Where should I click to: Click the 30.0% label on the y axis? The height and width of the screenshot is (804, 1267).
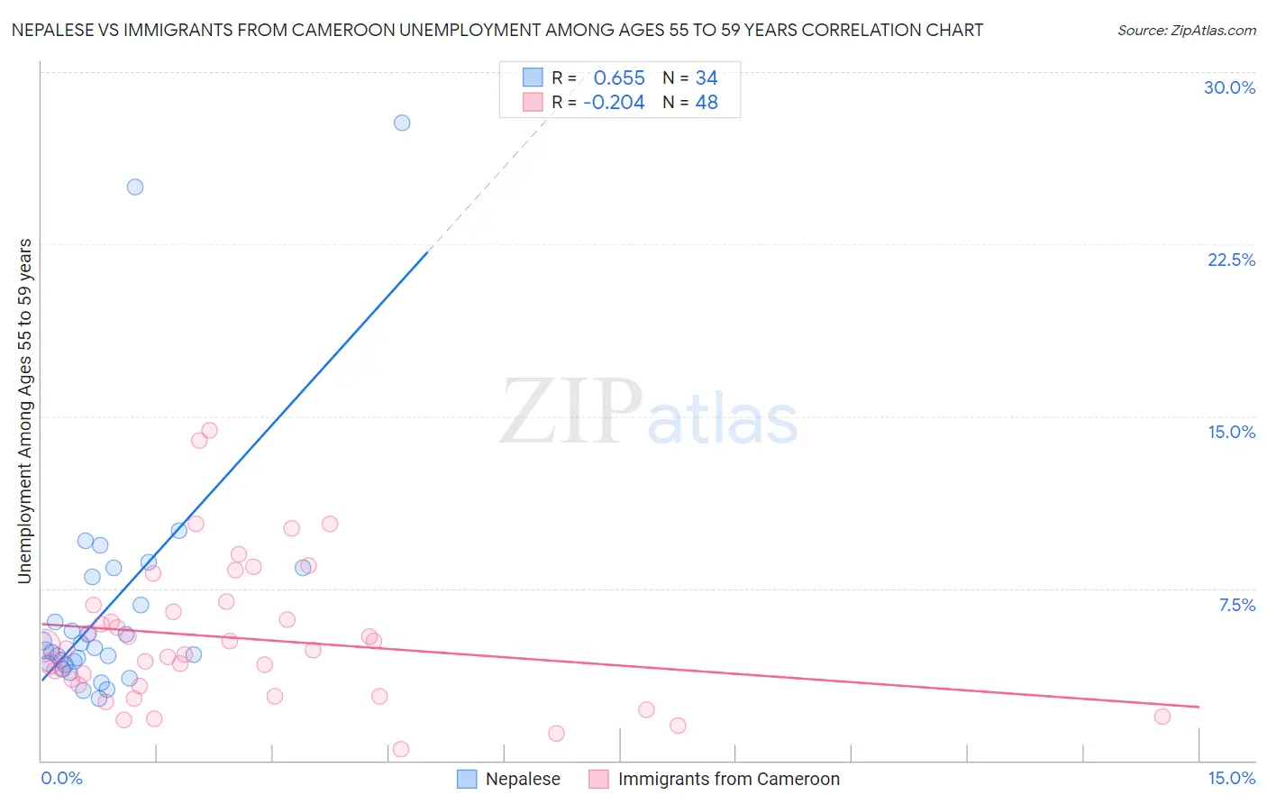(1229, 87)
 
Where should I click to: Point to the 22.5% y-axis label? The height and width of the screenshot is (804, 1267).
(1231, 260)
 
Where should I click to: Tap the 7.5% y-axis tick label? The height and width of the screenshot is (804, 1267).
(1236, 605)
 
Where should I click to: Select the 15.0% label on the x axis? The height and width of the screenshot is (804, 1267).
(1231, 778)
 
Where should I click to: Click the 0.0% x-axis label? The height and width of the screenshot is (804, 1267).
(61, 778)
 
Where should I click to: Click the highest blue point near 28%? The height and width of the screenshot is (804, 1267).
(402, 123)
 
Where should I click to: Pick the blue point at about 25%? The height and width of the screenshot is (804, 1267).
(135, 187)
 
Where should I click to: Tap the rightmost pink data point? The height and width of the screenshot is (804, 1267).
(1162, 717)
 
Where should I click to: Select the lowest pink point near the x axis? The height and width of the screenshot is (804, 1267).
(401, 749)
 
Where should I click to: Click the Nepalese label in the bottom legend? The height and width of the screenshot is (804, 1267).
(523, 779)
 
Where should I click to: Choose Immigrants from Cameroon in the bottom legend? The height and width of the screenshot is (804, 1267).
(728, 779)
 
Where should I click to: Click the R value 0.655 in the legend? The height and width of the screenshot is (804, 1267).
(619, 78)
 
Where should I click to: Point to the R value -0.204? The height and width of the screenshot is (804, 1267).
(614, 103)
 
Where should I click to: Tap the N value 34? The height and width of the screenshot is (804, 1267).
(706, 78)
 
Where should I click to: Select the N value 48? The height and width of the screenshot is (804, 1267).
(706, 103)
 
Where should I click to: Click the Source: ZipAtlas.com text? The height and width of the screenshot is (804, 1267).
(1186, 30)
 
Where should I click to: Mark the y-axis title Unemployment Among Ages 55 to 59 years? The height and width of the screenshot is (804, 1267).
(24, 411)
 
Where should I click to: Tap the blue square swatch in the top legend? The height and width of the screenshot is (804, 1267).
(533, 78)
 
